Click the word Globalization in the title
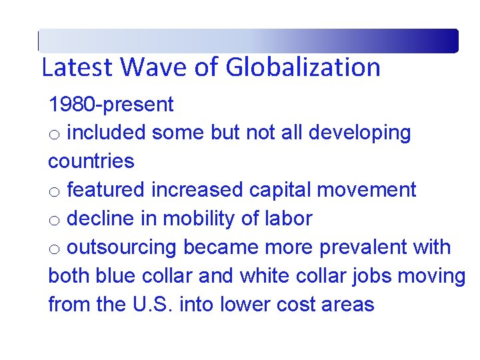(303, 68)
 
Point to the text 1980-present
(111, 105)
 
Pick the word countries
(91, 161)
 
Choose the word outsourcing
(122, 247)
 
